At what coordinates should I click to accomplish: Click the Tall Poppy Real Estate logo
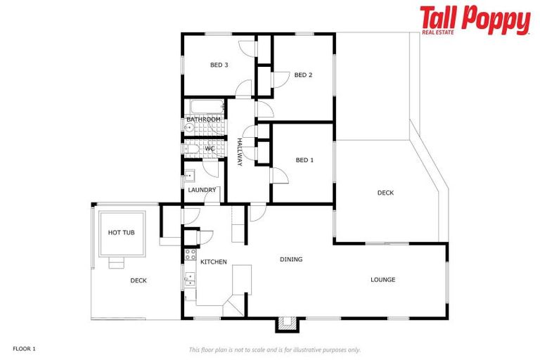(475, 20)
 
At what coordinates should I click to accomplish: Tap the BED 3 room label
(219, 65)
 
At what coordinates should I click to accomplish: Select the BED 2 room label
(303, 75)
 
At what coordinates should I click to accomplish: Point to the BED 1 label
(304, 160)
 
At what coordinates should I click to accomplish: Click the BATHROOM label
(203, 120)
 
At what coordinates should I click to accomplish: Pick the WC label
(210, 148)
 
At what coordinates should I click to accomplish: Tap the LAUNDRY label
(202, 191)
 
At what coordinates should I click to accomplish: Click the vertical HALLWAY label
(240, 152)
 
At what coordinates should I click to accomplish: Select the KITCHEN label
(214, 262)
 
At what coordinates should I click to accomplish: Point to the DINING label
(291, 259)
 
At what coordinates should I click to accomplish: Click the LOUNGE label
(383, 280)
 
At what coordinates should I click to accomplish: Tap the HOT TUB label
(121, 233)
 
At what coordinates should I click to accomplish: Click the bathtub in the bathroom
(205, 108)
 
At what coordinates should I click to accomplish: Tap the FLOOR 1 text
(24, 349)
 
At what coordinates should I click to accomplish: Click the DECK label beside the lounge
(385, 193)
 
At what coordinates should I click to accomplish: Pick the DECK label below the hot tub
(139, 281)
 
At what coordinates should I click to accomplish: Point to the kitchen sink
(189, 279)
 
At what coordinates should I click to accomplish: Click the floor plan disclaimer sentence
(275, 349)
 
